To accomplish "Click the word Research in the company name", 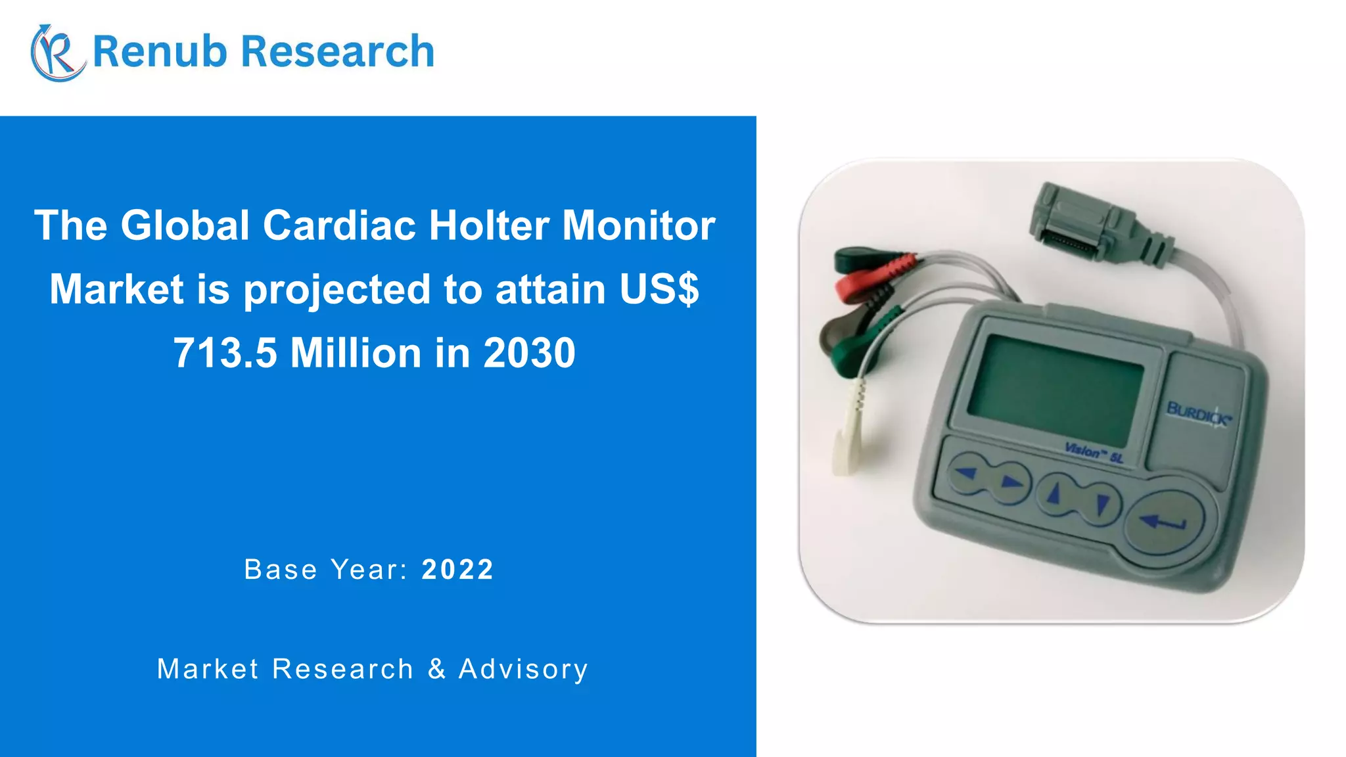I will [x=337, y=51].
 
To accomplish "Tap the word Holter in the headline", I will [x=489, y=225].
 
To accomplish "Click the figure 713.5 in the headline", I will [x=225, y=353].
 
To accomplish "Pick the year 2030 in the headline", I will [x=529, y=353].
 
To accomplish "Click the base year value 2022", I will [x=457, y=570].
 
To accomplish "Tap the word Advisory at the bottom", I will [x=523, y=669].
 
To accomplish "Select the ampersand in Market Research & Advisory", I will [x=436, y=669].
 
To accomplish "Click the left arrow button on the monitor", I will [x=966, y=472].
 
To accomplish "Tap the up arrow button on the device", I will [x=1054, y=493].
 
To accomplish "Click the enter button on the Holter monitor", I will [x=1163, y=523].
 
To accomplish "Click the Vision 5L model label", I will [x=1094, y=452].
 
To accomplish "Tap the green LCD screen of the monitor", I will [x=1056, y=389].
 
